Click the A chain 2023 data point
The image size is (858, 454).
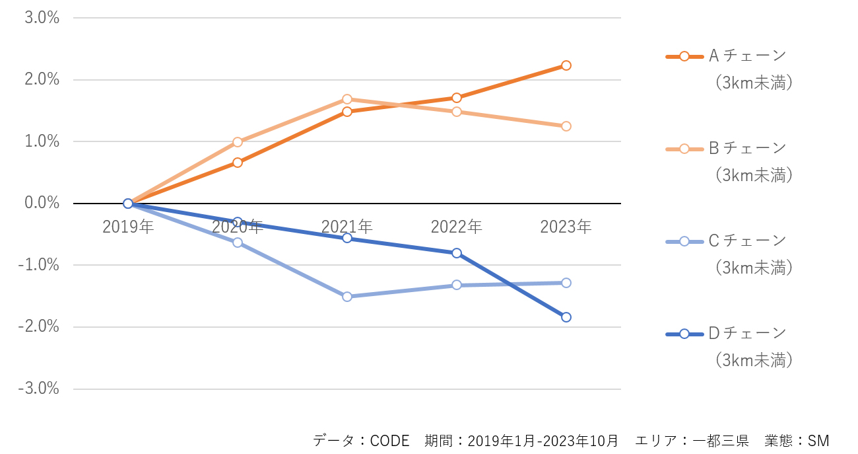566,65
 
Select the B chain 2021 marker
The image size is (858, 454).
347,99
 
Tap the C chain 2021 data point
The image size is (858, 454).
347,297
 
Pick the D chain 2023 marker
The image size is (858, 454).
566,317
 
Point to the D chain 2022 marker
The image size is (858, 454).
457,253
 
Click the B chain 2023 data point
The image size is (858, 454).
566,126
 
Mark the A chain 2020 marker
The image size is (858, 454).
238,163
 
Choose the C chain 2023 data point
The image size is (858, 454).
566,283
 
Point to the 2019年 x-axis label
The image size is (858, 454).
128,227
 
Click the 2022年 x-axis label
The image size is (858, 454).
457,227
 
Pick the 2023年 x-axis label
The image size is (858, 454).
566,227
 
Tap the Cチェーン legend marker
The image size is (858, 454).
684,241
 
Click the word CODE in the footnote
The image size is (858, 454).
389,440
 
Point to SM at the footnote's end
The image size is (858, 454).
818,440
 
